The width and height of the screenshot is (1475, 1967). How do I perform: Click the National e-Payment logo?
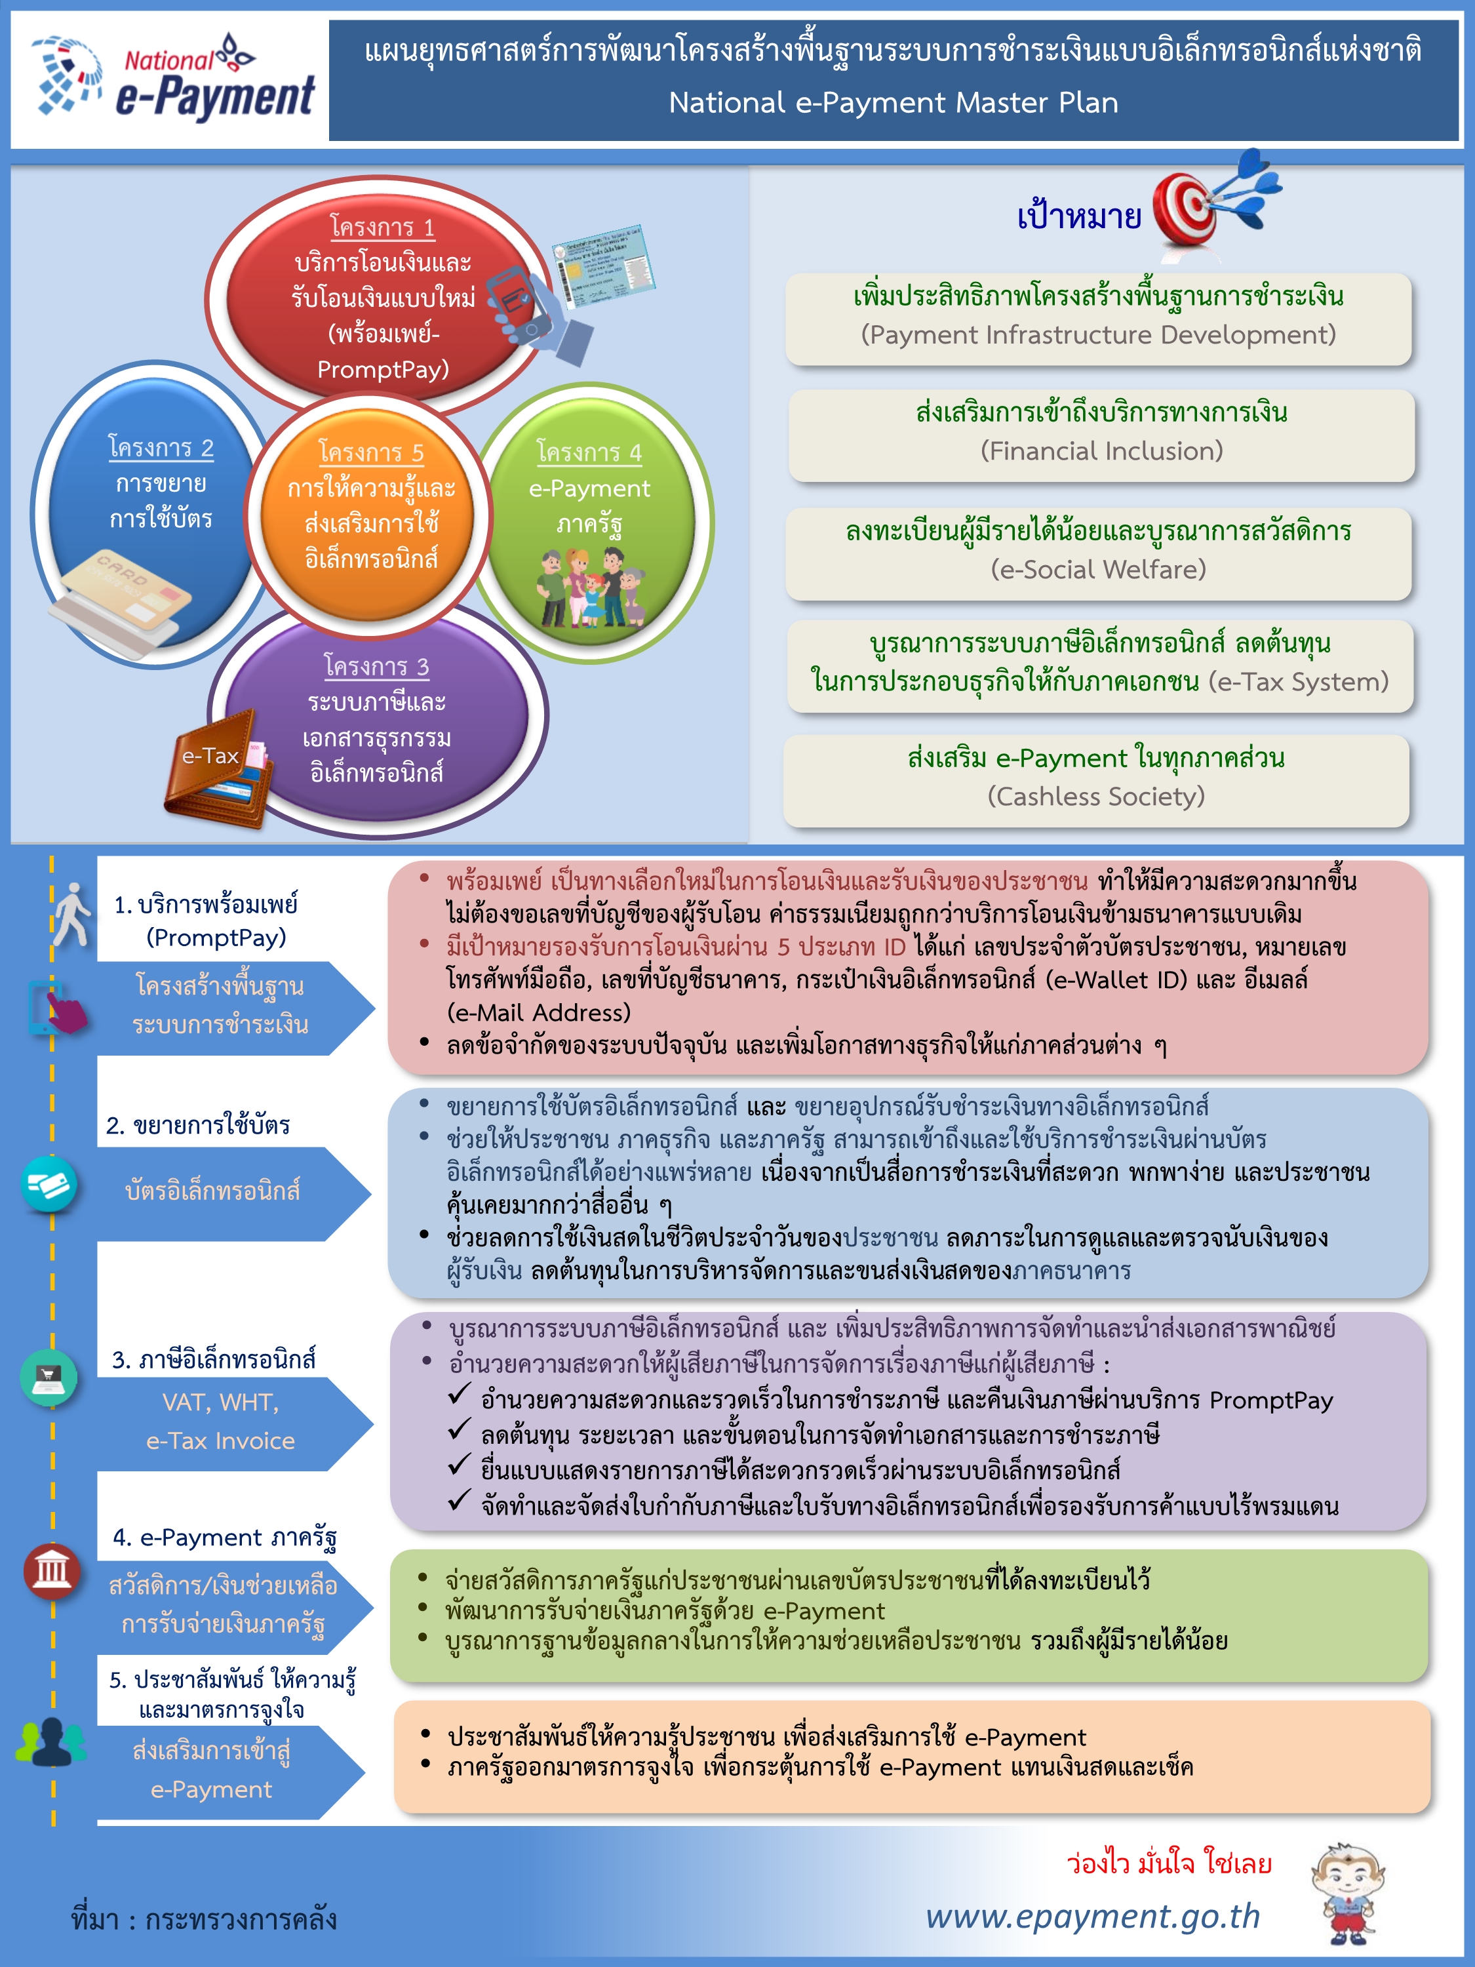point(173,80)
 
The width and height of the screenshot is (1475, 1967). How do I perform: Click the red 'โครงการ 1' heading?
point(382,227)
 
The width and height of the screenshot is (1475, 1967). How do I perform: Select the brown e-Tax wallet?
point(218,769)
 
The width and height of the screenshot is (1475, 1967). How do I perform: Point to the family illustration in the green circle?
point(591,587)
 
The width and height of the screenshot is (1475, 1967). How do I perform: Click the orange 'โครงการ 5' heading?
point(372,452)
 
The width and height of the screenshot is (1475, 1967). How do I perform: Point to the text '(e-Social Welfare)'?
point(1098,569)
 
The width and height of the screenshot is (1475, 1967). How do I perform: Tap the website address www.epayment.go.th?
point(1093,1917)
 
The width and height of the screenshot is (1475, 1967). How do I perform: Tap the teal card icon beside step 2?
point(49,1185)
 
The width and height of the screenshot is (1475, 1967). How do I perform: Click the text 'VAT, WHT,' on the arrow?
point(220,1402)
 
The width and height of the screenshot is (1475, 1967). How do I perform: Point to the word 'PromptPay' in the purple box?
point(1270,1401)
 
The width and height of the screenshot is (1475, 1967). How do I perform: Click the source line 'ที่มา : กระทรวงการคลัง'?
point(205,1919)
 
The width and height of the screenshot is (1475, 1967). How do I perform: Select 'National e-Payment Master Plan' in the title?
point(893,103)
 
